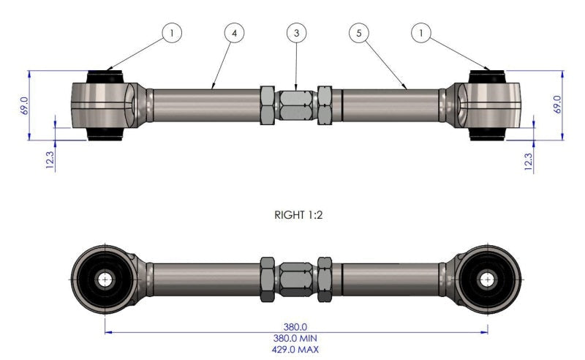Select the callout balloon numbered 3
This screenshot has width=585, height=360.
[295, 33]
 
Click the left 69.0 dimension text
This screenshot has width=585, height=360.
[24, 105]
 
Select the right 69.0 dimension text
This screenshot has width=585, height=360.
[557, 105]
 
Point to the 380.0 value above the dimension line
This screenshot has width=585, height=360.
[296, 327]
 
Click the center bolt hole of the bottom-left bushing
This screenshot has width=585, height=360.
[105, 279]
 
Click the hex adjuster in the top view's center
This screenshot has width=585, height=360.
[296, 105]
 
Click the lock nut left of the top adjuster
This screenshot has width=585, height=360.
[268, 105]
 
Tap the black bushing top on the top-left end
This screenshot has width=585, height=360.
[107, 75]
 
